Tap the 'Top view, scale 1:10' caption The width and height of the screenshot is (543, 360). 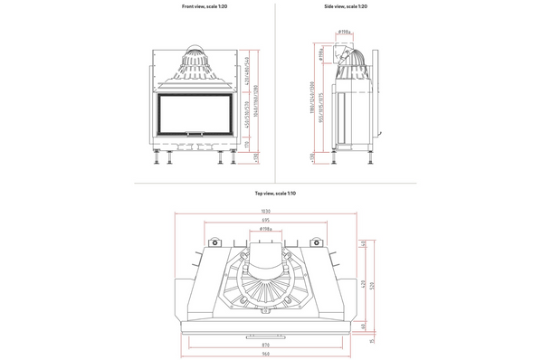271,193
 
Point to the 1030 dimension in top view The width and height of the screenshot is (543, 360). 265,212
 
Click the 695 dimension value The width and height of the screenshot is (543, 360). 265,221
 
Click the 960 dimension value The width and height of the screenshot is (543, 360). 265,355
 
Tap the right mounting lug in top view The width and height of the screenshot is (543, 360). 317,243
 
